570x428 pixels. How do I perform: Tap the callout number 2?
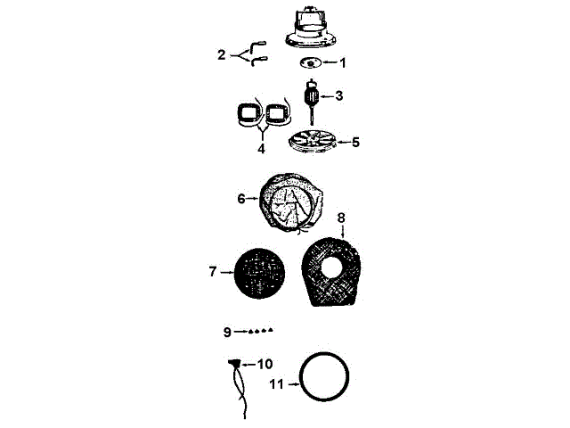point(222,54)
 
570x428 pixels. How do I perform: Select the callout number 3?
point(338,95)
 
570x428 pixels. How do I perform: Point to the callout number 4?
point(261,149)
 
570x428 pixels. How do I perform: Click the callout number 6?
point(241,199)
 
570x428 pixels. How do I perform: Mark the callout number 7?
point(213,271)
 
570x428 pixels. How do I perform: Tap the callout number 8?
point(341,217)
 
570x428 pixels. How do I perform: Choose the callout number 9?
point(228,332)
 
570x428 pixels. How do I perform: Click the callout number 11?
point(276,384)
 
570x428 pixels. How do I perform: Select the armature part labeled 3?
point(313,96)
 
